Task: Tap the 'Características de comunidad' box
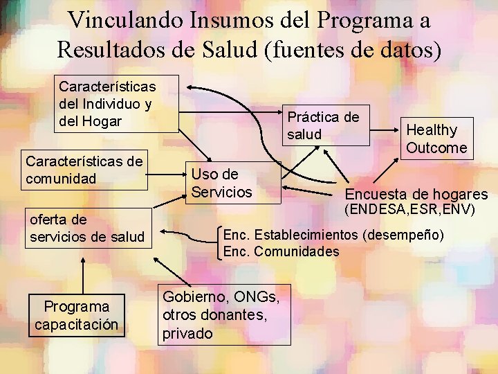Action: [x=84, y=170]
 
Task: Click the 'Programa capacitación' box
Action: [x=77, y=315]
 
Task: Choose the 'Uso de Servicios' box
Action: [x=232, y=183]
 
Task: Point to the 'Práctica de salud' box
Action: [x=324, y=125]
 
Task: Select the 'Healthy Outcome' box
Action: [x=436, y=139]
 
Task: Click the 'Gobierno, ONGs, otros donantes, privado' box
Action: [x=223, y=315]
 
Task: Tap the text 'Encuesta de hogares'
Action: [x=416, y=194]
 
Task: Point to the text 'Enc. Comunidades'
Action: [x=281, y=251]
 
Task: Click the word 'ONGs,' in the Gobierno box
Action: [x=255, y=297]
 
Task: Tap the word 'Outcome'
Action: [x=436, y=148]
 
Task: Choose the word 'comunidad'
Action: [x=59, y=179]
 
